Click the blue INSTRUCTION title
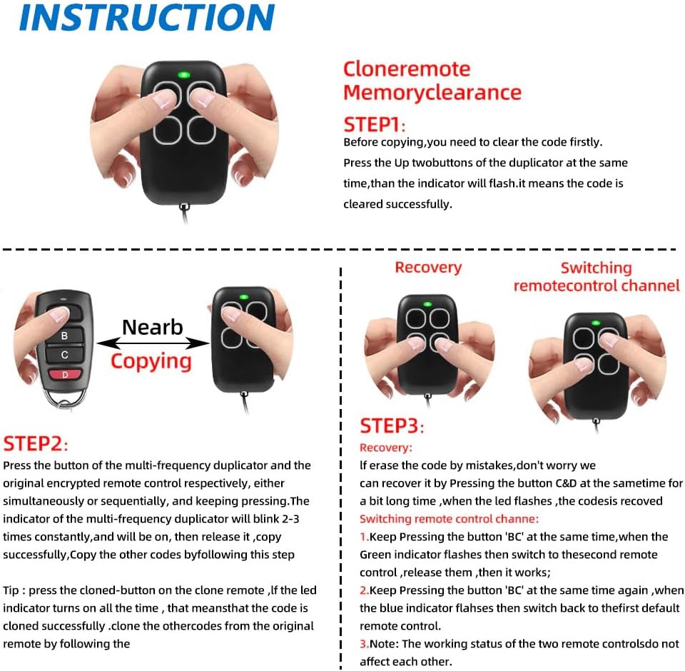click(147, 17)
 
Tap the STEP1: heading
click(375, 125)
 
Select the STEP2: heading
click(36, 444)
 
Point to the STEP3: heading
click(392, 425)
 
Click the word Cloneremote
click(407, 69)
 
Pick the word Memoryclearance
click(432, 93)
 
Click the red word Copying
click(151, 362)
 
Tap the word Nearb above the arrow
click(153, 327)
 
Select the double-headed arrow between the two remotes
click(153, 343)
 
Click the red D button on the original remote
click(65, 375)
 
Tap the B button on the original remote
click(65, 335)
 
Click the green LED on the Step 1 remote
click(184, 75)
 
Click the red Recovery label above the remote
click(428, 267)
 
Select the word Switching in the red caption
click(597, 268)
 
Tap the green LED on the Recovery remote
click(427, 304)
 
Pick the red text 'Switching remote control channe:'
click(449, 519)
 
